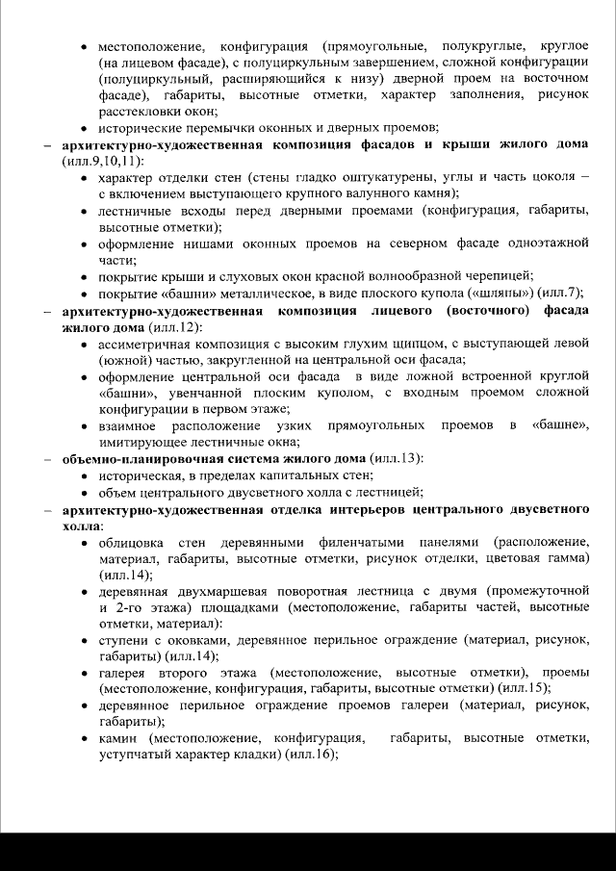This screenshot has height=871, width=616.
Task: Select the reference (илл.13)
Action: pyautogui.click(x=394, y=458)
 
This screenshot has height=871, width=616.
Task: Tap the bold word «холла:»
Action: pyautogui.click(x=83, y=525)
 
